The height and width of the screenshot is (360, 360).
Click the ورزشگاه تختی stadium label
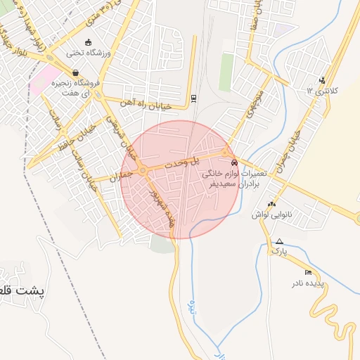[x=86, y=52]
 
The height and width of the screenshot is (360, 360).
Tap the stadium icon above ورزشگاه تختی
[x=88, y=42]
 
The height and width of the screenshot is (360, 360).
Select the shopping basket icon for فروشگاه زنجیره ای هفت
[x=75, y=72]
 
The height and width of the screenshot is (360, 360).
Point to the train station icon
[x=194, y=98]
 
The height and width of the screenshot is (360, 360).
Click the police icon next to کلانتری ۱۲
[x=322, y=79]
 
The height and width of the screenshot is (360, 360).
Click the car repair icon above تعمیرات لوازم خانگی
[x=234, y=162]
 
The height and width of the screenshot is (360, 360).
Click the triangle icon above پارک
[x=280, y=241]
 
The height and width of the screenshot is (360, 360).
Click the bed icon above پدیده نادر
[x=308, y=272]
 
